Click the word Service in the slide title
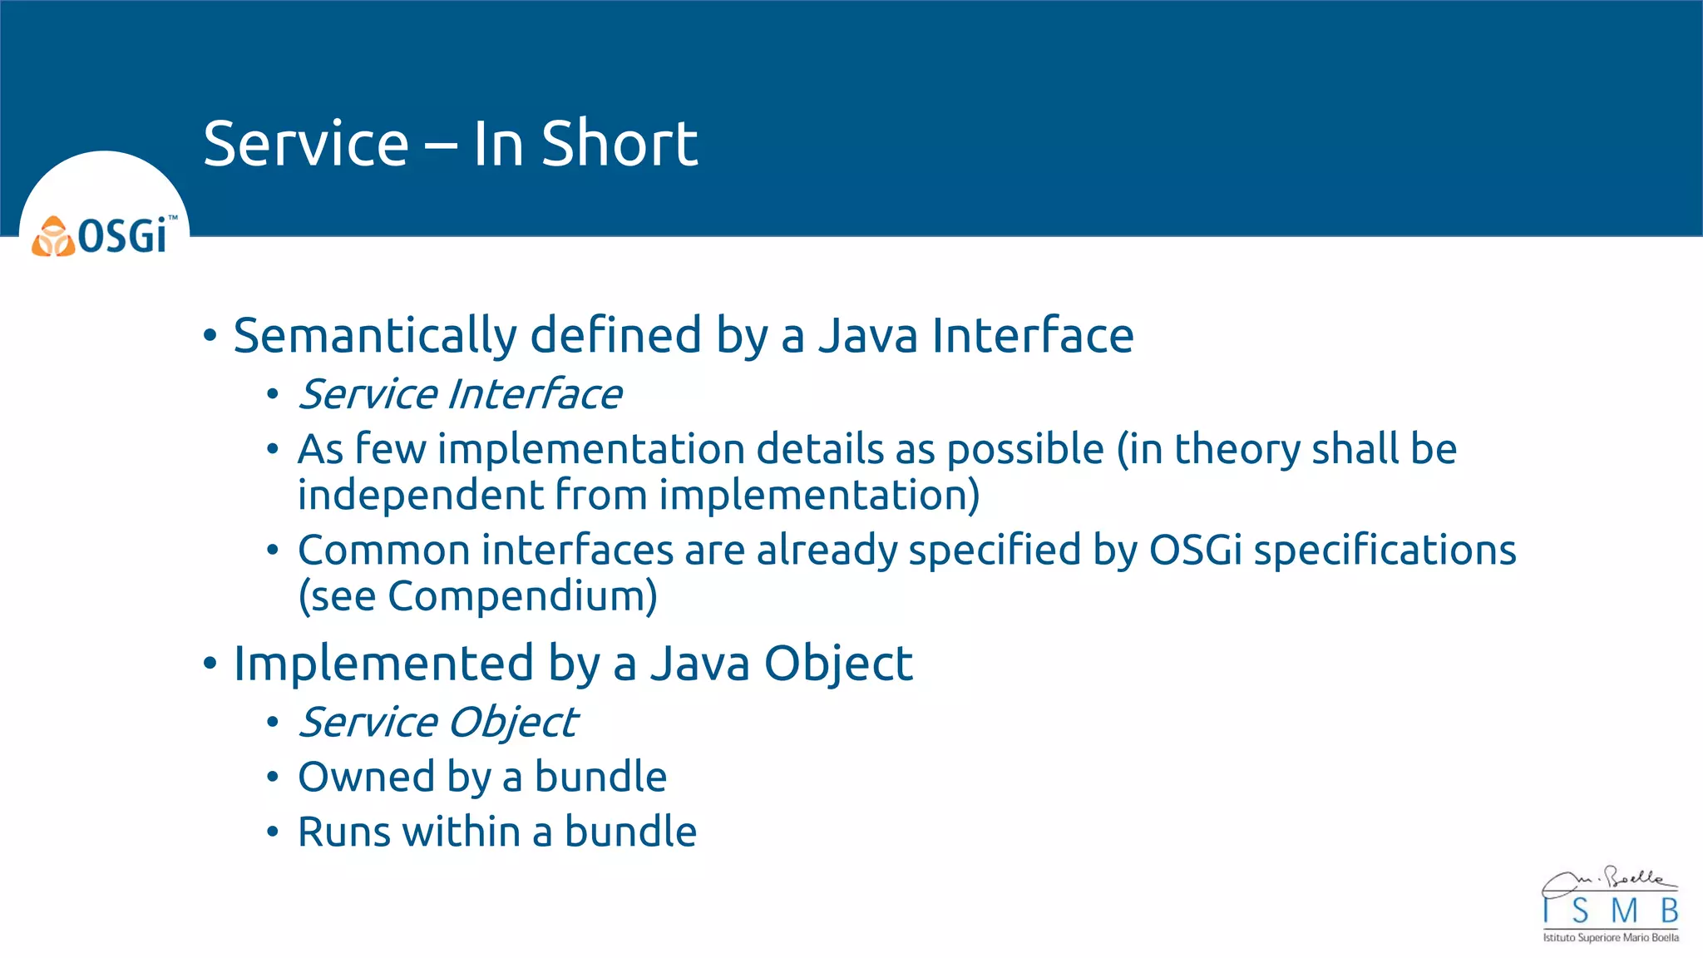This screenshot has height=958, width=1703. click(x=305, y=144)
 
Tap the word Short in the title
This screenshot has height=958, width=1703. click(x=619, y=144)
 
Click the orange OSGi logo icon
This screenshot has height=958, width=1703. click(x=53, y=237)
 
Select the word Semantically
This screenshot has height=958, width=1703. click(x=374, y=336)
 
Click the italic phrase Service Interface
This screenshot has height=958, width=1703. click(x=460, y=394)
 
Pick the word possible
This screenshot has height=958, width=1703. click(x=1024, y=450)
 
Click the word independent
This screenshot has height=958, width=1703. click(x=420, y=495)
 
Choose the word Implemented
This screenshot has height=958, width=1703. click(x=383, y=664)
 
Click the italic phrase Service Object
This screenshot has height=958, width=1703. click(x=437, y=722)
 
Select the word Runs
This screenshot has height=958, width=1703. click(x=343, y=832)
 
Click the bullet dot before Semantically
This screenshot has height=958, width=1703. click(x=210, y=336)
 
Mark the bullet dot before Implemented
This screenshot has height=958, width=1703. click(x=210, y=664)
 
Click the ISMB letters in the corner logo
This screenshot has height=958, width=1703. click(x=1611, y=911)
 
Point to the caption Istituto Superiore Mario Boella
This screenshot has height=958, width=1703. click(x=1611, y=938)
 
